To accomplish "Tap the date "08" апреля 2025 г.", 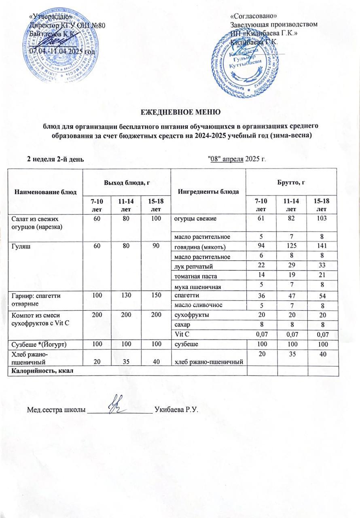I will (x=237, y=158).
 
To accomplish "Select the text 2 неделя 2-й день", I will (x=55, y=158).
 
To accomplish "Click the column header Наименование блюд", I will (x=45, y=191).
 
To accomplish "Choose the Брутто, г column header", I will (x=292, y=183).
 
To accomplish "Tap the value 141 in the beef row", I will (x=322, y=246).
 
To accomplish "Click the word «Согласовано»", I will (x=253, y=16).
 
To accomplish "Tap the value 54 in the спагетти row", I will (x=322, y=295).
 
